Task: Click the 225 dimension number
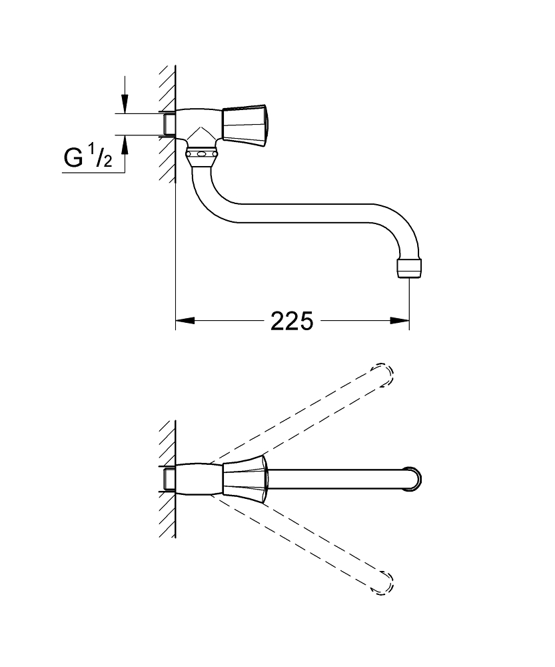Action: pyautogui.click(x=292, y=321)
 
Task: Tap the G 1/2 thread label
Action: pyautogui.click(x=88, y=157)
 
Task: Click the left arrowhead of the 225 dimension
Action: pyautogui.click(x=185, y=320)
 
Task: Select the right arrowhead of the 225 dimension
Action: pyautogui.click(x=400, y=320)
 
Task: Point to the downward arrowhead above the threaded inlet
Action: pyautogui.click(x=125, y=103)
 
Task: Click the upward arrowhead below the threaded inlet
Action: pyautogui.click(x=125, y=145)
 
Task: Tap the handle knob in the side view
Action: pyautogui.click(x=245, y=123)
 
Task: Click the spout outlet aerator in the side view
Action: pyautogui.click(x=410, y=267)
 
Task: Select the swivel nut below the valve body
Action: pyautogui.click(x=203, y=157)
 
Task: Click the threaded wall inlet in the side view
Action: pyautogui.click(x=169, y=124)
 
